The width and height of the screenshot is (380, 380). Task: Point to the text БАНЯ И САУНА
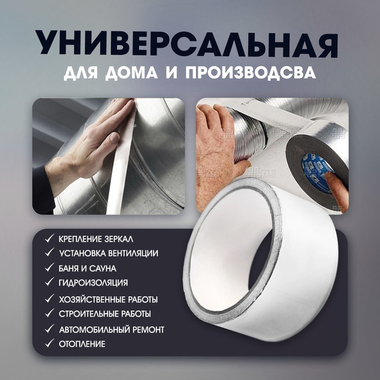point(87,268)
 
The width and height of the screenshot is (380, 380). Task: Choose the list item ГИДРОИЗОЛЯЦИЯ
point(93,283)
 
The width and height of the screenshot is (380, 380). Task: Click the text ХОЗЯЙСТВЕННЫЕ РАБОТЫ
point(108,299)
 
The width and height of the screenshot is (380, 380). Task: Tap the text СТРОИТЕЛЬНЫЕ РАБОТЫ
point(105,314)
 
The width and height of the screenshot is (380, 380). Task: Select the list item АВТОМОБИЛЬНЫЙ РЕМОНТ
point(111,330)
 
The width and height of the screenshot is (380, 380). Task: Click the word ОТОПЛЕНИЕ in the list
point(83,344)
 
